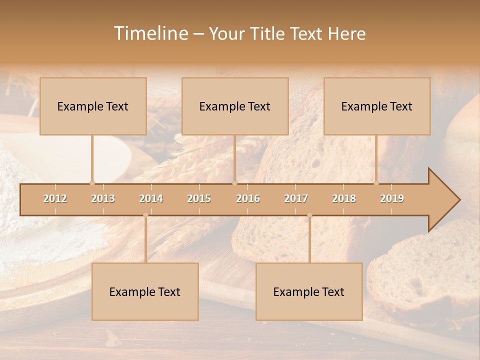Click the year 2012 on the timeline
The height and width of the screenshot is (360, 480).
click(55, 198)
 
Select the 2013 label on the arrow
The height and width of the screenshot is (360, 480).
click(103, 198)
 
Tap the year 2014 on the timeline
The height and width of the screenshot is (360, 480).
click(151, 198)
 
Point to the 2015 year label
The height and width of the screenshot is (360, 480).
click(199, 198)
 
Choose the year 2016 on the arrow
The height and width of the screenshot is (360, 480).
click(248, 198)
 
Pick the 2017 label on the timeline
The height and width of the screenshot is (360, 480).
click(296, 198)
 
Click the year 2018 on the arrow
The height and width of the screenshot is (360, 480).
click(344, 198)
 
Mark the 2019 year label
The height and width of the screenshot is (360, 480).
click(392, 198)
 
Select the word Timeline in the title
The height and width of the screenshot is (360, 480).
click(150, 33)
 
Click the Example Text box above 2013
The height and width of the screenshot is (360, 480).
click(93, 106)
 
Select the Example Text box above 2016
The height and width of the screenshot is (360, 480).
click(235, 106)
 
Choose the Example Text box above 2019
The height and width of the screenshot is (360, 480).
click(377, 106)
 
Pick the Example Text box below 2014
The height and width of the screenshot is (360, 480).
click(145, 291)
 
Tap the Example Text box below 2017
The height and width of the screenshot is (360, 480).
click(309, 291)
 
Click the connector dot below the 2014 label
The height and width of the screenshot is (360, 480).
click(145, 215)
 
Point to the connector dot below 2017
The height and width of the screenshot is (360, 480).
click(309, 215)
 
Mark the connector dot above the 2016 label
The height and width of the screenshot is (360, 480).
click(235, 183)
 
